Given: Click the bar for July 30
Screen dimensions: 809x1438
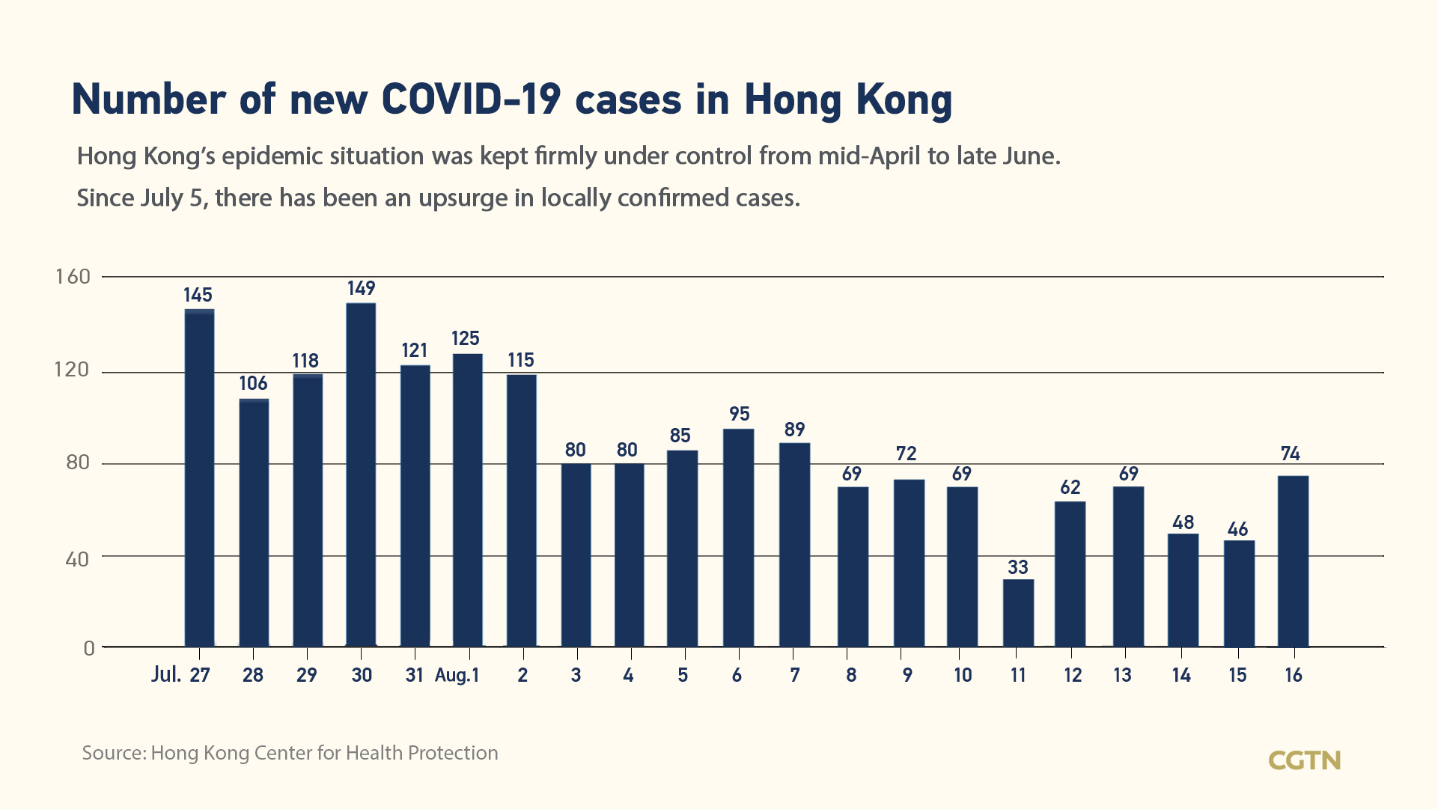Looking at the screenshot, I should (x=361, y=474).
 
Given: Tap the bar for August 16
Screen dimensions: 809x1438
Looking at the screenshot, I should (x=1293, y=561).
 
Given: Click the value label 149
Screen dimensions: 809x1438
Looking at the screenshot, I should (x=361, y=288).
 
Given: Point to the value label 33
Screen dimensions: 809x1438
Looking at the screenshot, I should (x=1017, y=567).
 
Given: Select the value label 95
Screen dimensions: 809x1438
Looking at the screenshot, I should (x=739, y=414).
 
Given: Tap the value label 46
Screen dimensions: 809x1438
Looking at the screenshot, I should (x=1237, y=530).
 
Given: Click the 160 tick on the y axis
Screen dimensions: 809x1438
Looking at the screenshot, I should (x=73, y=277).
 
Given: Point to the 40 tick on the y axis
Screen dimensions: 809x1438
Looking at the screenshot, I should (x=77, y=558).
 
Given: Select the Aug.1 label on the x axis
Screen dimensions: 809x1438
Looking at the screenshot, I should (x=457, y=675).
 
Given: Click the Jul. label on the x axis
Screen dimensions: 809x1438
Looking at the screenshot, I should (x=166, y=675).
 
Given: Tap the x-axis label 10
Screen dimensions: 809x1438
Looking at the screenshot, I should (x=962, y=675).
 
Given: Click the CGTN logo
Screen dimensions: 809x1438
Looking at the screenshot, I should (x=1304, y=760).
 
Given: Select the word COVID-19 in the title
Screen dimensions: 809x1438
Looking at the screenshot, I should (x=471, y=100).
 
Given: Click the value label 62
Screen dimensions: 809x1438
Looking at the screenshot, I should (x=1070, y=487).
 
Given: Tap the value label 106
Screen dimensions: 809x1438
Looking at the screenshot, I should (x=253, y=383).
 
